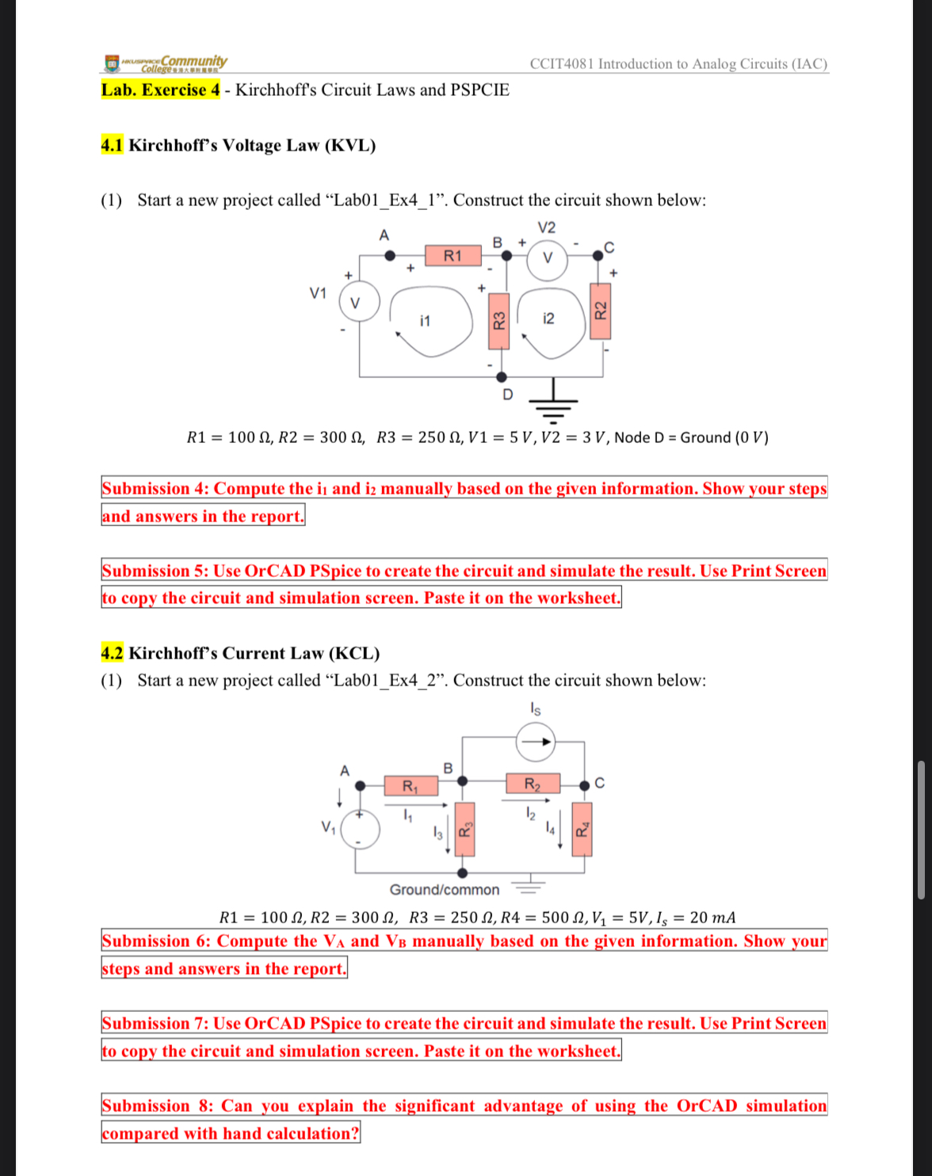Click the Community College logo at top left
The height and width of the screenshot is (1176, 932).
coord(166,63)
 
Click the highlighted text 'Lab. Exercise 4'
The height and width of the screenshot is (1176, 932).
coord(160,90)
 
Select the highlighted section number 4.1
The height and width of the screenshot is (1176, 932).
coord(112,146)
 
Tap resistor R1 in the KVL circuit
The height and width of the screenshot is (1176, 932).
coord(453,256)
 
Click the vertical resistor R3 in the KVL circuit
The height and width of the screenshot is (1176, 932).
coord(498,321)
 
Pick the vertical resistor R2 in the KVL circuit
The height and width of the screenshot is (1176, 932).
coord(601,310)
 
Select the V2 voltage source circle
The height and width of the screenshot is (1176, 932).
coord(547,258)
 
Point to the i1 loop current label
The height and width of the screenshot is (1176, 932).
coord(426,321)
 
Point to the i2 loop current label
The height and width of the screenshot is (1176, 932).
coord(548,319)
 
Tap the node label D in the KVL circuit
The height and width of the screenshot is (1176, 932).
coord(508,395)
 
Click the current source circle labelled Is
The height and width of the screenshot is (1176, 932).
coord(536,743)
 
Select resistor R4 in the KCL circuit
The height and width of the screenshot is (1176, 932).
coord(582,830)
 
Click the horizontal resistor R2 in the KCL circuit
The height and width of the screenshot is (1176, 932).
coord(533,785)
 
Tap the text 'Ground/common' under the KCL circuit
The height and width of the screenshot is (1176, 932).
coord(445,890)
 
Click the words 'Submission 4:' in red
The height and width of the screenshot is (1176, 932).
coord(155,489)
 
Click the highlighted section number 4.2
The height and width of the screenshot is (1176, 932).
coord(112,654)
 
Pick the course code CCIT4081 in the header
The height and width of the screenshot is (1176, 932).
coord(561,64)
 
